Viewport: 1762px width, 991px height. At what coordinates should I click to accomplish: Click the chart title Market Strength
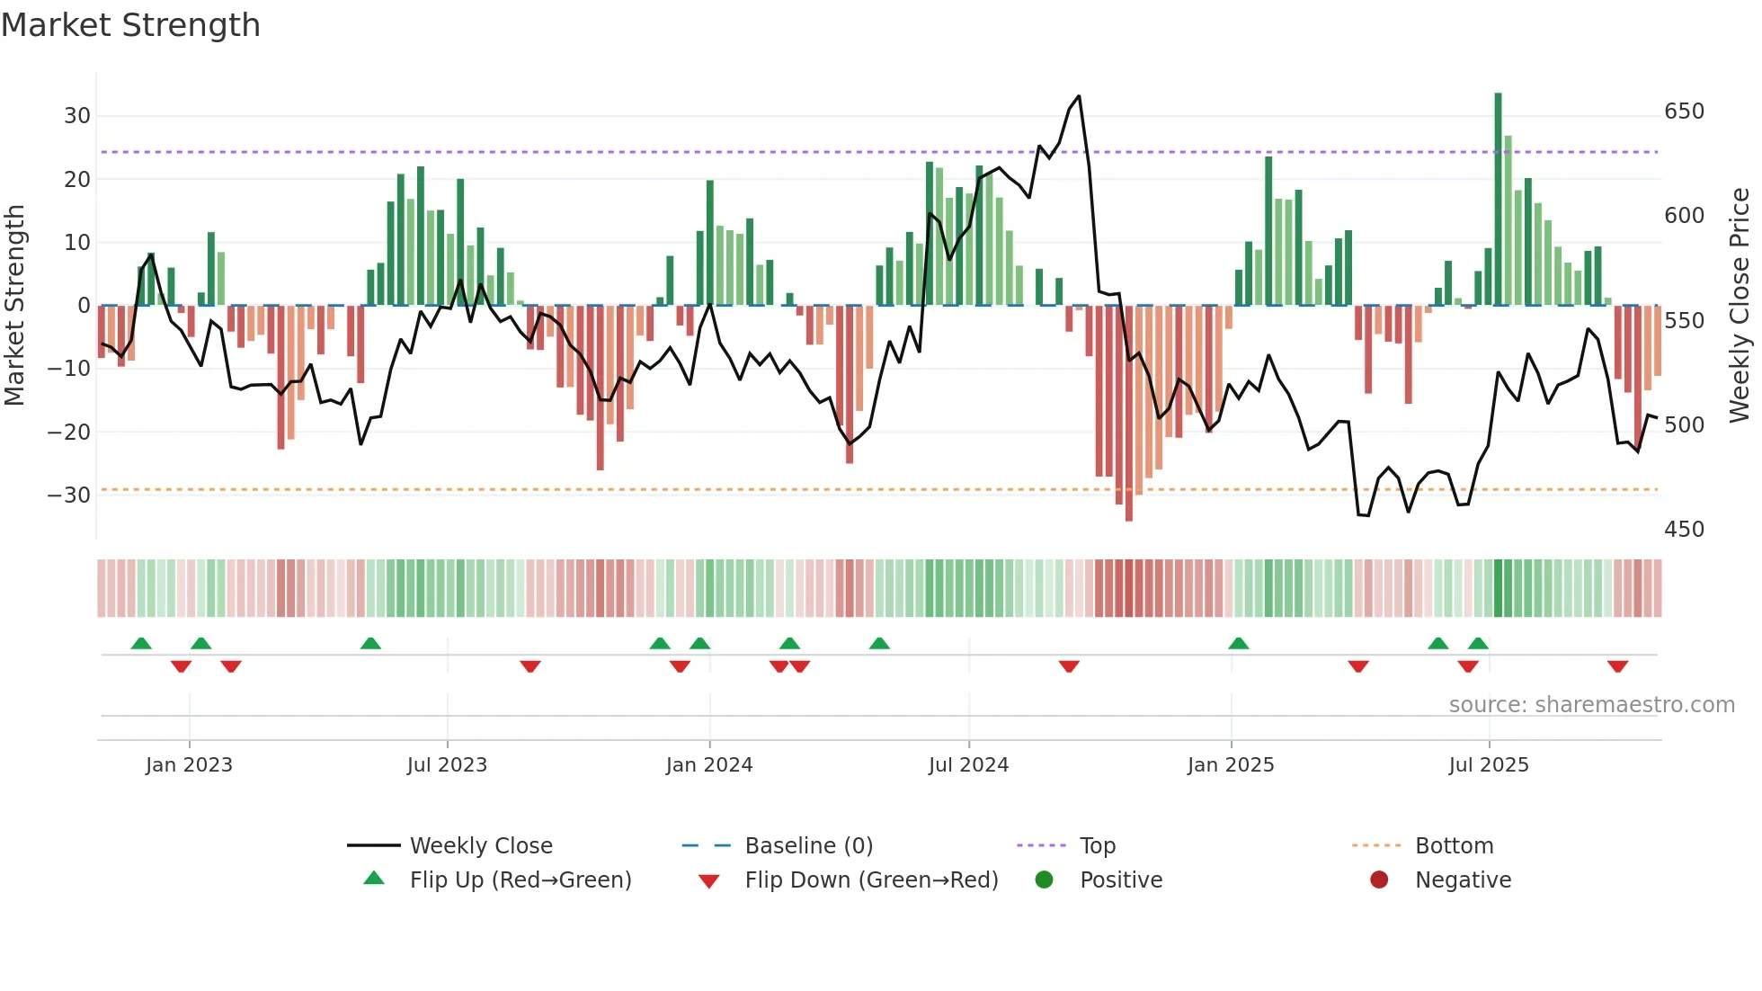tap(130, 25)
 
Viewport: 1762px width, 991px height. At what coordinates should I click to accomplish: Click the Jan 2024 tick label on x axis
tap(709, 765)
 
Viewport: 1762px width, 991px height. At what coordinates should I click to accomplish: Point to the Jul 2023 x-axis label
tap(447, 765)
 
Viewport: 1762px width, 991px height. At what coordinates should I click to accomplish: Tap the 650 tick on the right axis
tap(1684, 112)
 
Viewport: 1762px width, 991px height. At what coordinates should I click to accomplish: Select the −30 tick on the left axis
tap(69, 495)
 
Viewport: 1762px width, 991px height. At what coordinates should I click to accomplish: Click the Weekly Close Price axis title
tap(1740, 305)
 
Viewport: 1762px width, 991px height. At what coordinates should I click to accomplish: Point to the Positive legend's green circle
tap(1044, 879)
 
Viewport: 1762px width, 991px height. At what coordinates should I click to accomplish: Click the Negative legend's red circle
tap(1379, 879)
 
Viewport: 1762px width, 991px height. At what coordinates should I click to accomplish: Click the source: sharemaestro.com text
tap(1591, 705)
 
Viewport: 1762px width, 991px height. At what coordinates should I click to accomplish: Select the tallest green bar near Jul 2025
tap(1499, 198)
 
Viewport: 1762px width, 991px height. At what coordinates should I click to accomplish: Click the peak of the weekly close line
tap(1079, 96)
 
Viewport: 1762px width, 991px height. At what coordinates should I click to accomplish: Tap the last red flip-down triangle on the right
tap(1618, 666)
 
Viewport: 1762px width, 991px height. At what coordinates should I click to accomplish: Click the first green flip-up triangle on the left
tap(141, 643)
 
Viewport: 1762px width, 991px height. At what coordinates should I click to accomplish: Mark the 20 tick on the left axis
tap(77, 179)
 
